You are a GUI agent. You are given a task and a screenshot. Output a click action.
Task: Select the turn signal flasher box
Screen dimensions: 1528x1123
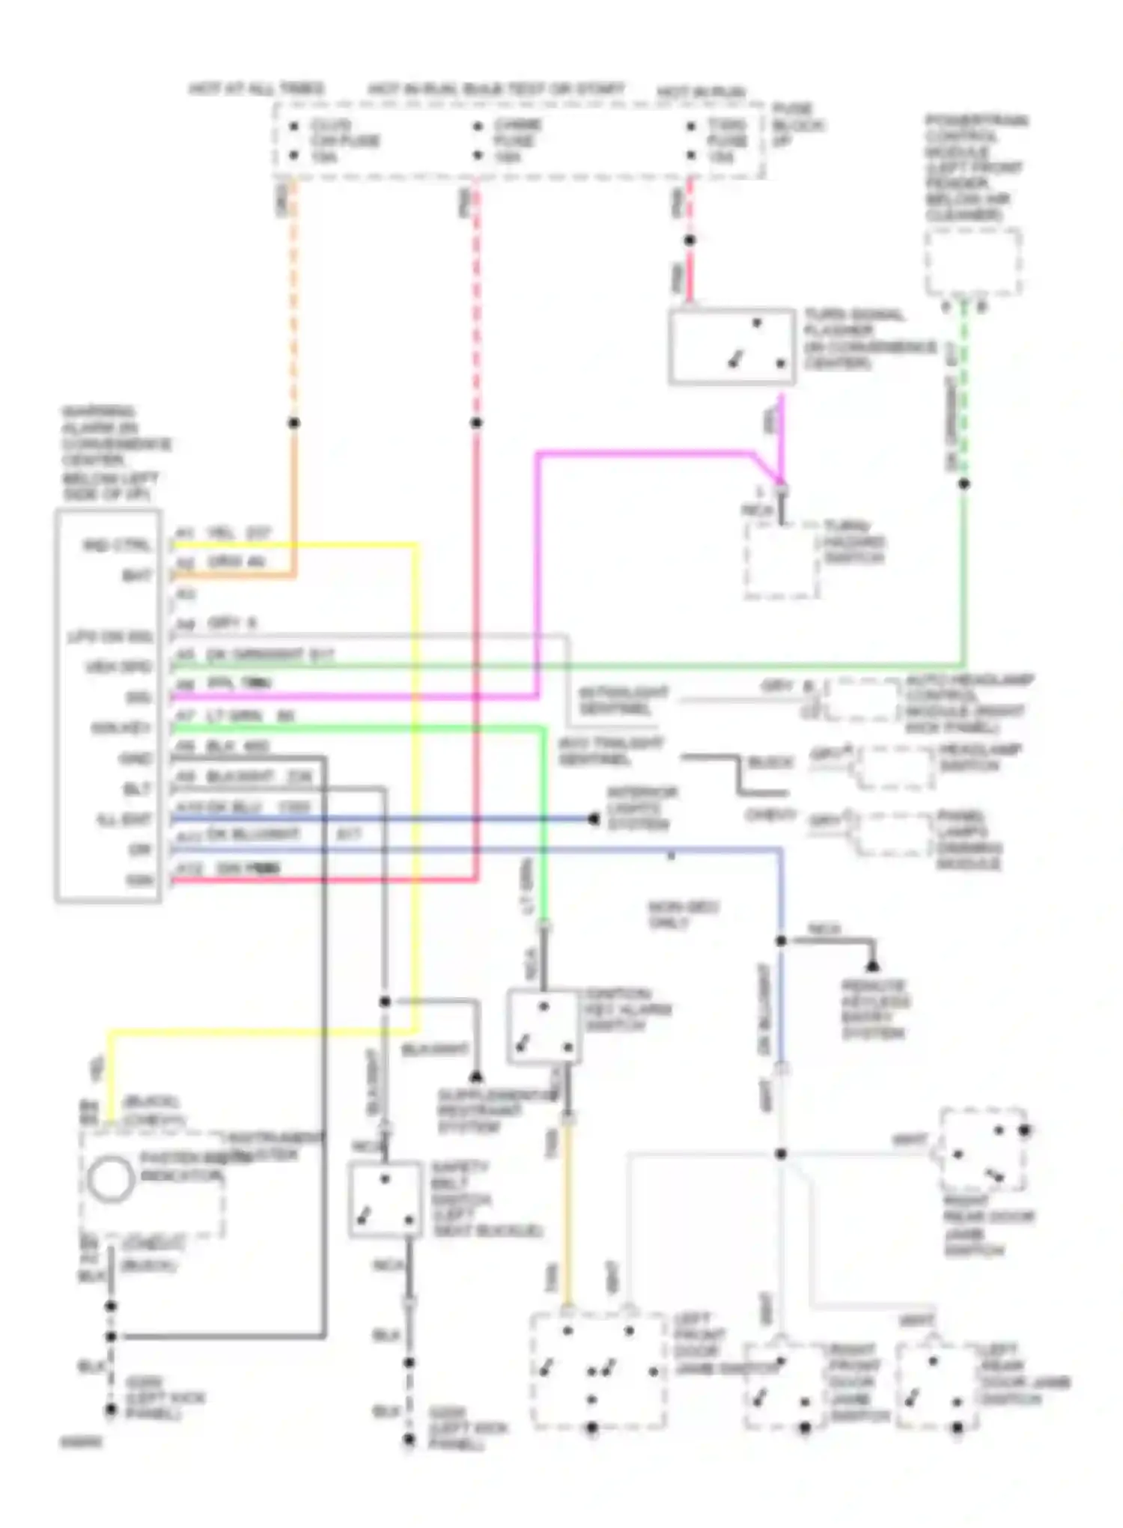[x=731, y=347]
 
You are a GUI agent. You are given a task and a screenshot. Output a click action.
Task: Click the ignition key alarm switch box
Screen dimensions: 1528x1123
[x=544, y=1026]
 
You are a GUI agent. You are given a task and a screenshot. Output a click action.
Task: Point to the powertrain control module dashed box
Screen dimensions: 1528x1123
[x=973, y=262]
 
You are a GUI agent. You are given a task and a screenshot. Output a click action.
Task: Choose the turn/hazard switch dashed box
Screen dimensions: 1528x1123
[x=781, y=561]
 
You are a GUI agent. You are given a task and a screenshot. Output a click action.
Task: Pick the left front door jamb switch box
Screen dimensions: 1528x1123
[x=597, y=1370]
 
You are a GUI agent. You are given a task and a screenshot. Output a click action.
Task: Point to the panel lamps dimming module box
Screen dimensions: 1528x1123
[x=893, y=833]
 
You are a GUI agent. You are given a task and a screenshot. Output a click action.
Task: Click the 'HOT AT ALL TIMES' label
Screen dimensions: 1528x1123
[x=256, y=88]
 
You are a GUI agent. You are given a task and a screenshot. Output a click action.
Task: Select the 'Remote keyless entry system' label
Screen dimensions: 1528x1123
[x=874, y=1008]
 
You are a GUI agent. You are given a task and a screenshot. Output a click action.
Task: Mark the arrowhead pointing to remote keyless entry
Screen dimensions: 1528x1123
[x=872, y=966]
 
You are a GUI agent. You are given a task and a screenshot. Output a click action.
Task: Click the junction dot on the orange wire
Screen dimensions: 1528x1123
[x=294, y=423]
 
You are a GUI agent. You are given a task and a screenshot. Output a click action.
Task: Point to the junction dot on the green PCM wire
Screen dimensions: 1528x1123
[x=964, y=484]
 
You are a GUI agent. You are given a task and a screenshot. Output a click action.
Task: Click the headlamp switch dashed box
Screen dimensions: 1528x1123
[x=895, y=767]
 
